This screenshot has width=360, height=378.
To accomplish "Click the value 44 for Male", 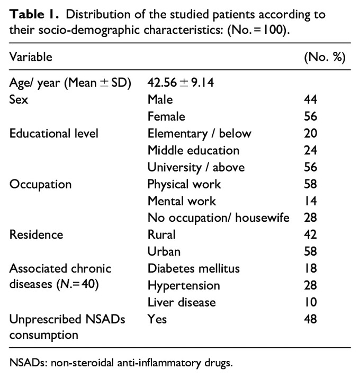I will pyautogui.click(x=310, y=99).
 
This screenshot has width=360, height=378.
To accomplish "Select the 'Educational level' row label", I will pyautogui.click(x=54, y=133).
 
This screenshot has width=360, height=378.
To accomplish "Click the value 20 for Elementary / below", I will pyautogui.click(x=310, y=133).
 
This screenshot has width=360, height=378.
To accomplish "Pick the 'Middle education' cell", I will pyautogui.click(x=193, y=150).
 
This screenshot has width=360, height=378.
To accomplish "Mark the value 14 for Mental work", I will pyautogui.click(x=310, y=201).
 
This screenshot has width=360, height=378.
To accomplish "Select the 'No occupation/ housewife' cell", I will pyautogui.click(x=218, y=218).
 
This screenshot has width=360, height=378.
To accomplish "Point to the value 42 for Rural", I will pyautogui.click(x=310, y=235).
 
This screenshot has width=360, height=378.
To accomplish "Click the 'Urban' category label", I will pyautogui.click(x=163, y=252).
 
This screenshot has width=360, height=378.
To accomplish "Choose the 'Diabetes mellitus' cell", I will pyautogui.click(x=194, y=269).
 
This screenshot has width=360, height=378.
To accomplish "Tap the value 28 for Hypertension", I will pyautogui.click(x=310, y=286).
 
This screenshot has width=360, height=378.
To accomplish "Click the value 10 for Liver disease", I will pyautogui.click(x=310, y=303).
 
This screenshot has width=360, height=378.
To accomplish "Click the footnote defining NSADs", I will pyautogui.click(x=122, y=363).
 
